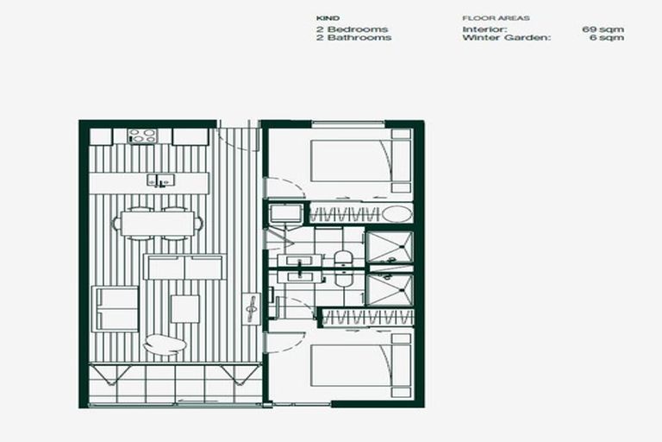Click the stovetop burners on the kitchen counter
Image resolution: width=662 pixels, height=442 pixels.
(x=142, y=136)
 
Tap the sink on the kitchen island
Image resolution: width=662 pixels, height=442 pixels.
(x=160, y=180)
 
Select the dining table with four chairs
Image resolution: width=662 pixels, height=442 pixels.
(x=157, y=224)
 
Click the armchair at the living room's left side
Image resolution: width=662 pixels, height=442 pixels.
(x=116, y=308)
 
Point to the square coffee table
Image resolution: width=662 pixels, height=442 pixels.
(x=184, y=308)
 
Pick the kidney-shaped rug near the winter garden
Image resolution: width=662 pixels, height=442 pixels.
(x=164, y=344)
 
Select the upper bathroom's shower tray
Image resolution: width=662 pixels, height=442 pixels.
(x=389, y=247)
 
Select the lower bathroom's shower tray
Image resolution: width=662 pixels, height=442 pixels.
(x=389, y=289)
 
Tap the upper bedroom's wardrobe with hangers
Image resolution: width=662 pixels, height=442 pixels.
(x=344, y=213)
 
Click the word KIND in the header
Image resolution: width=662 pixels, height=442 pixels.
(x=328, y=17)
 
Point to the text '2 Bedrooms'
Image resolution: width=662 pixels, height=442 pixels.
(x=353, y=29)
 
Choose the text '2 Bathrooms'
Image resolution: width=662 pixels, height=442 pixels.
(x=353, y=38)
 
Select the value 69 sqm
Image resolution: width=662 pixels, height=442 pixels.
(x=603, y=29)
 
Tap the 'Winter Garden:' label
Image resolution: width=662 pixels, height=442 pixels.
(x=505, y=38)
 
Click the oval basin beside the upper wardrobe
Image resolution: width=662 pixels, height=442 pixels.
(x=398, y=213)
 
